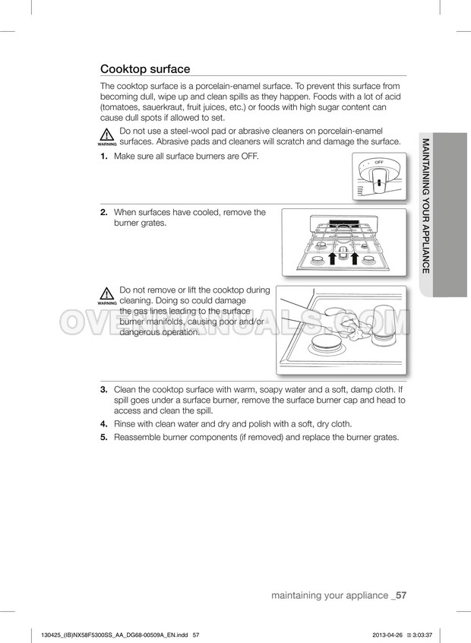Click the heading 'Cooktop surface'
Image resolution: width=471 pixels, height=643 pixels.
(145, 68)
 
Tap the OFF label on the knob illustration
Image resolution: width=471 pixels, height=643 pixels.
(379, 163)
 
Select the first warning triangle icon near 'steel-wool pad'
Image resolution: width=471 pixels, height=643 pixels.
(107, 135)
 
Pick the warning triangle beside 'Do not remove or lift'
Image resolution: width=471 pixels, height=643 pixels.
(107, 294)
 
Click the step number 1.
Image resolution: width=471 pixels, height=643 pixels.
(104, 156)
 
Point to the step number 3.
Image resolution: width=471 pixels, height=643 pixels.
(104, 390)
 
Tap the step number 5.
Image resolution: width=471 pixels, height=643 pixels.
(104, 437)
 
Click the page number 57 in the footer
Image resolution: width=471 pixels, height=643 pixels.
(402, 595)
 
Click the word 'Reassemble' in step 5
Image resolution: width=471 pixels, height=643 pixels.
(140, 437)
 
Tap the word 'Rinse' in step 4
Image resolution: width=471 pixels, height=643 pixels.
(125, 423)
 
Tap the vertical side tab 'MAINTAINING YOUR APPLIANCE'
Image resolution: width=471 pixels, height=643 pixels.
(426, 206)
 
